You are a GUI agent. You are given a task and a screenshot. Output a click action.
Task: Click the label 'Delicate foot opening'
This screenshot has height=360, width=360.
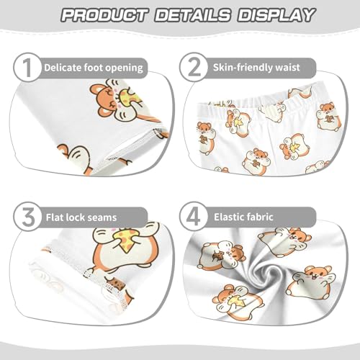tap(93, 68)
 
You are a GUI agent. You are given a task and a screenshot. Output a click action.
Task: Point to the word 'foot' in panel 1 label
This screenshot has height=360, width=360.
tap(96, 68)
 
